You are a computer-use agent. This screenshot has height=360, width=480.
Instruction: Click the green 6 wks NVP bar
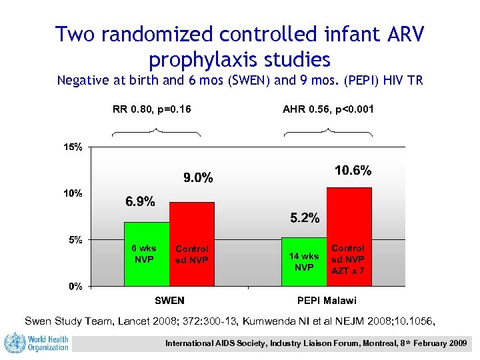[x=147, y=254]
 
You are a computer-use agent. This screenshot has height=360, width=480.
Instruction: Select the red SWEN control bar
[x=192, y=244]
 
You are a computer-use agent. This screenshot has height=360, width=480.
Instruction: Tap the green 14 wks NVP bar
[x=304, y=261]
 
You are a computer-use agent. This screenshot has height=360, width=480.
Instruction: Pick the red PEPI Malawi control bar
[x=349, y=237]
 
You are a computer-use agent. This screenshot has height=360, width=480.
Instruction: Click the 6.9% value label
[x=141, y=201]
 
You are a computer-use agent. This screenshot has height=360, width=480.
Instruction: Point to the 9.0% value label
[x=198, y=178]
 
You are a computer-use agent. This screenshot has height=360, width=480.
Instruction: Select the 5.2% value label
[x=304, y=218]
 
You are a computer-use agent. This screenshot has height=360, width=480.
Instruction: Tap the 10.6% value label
[x=353, y=171]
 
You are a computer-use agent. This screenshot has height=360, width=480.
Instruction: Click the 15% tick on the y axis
[x=73, y=147]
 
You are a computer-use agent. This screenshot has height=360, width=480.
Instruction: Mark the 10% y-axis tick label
[x=73, y=193]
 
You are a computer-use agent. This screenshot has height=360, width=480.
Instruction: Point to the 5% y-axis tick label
[x=75, y=239]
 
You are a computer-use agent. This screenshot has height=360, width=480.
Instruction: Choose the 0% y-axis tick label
[x=75, y=286]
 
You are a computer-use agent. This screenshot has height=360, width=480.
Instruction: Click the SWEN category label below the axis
[x=169, y=301]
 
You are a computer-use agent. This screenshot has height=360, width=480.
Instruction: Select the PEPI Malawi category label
[x=327, y=301]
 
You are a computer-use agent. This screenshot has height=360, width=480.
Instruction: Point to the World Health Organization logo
[x=37, y=343]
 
